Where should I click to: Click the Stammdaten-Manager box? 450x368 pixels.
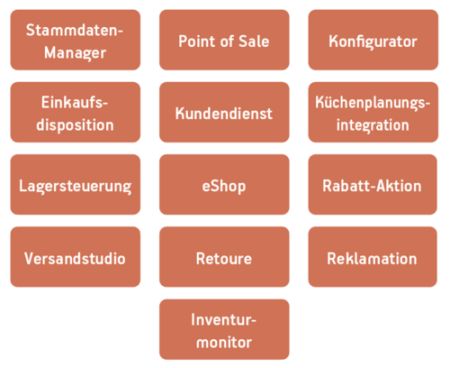point(76,40)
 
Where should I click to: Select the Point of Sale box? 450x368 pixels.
point(224,40)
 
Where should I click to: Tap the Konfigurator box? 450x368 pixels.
point(373,40)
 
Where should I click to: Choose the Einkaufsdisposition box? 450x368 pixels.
point(76,112)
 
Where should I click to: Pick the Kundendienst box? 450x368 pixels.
point(224,112)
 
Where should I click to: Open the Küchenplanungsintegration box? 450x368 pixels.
point(373,112)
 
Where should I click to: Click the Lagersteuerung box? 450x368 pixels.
point(76,185)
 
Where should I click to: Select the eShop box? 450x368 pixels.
point(224,185)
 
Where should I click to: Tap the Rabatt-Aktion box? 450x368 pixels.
point(373,185)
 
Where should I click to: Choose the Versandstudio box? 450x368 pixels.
point(76,257)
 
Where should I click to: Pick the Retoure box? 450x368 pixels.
point(224,257)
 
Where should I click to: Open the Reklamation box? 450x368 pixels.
point(373,257)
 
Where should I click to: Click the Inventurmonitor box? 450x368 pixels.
point(224,329)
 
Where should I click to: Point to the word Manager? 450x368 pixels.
point(75,53)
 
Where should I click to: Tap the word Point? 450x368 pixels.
point(197,41)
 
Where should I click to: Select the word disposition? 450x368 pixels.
point(75,125)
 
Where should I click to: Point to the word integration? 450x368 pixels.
point(373,125)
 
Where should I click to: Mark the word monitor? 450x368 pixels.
point(224,343)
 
